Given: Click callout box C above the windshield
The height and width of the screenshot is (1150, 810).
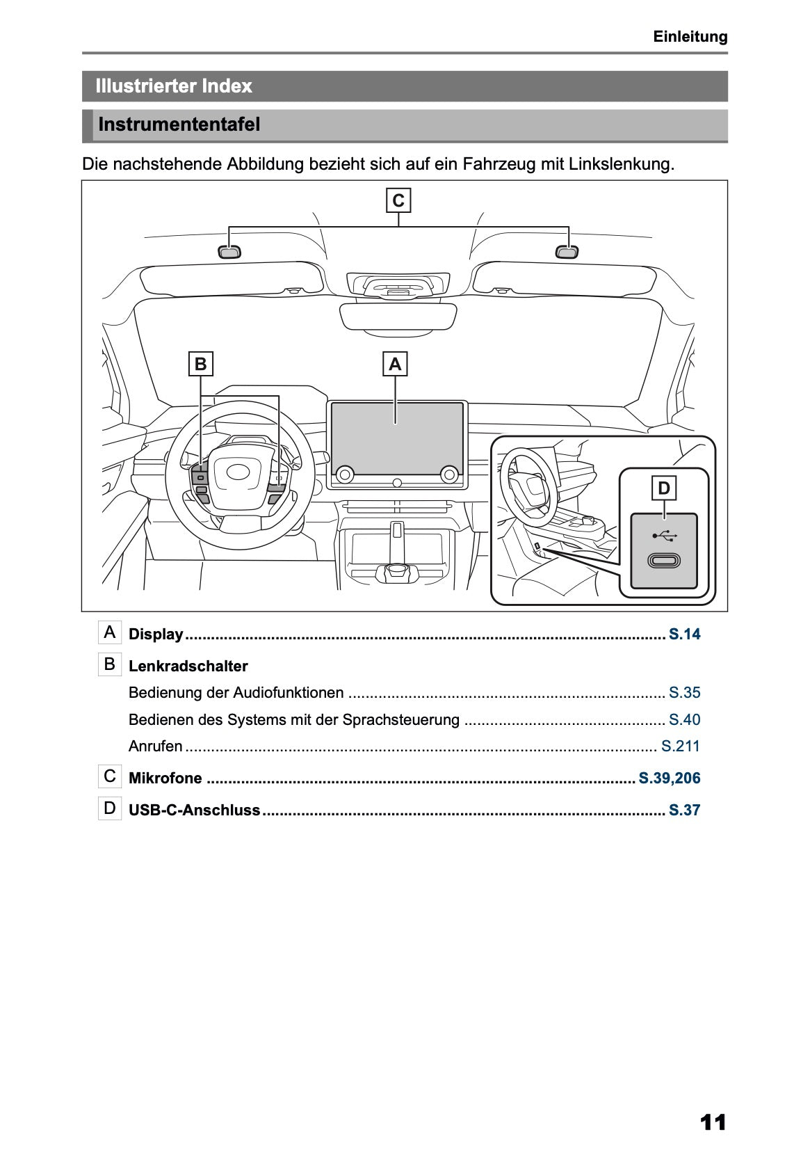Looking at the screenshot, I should pos(398,200).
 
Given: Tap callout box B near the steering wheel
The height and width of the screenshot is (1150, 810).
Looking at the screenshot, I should pos(200,364).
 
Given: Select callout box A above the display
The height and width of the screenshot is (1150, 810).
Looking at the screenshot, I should pos(395,364).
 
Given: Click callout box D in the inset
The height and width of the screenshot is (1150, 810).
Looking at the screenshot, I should pos(663,488).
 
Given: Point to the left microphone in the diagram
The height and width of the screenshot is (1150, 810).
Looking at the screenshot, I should pos(229,252).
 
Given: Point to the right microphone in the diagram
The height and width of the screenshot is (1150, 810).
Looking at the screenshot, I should pos(567,252).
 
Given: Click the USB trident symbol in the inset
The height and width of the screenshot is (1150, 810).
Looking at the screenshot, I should pos(664,536).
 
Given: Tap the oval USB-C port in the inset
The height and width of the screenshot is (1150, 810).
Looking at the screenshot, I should pos(663,560).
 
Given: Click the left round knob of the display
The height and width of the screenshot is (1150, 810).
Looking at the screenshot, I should pos(343,474).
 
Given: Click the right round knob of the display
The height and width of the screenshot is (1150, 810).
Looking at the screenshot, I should pos(449,474).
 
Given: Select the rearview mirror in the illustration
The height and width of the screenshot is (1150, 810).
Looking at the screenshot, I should pos(398,317).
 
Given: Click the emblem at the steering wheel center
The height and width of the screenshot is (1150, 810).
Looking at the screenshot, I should pos(238,472).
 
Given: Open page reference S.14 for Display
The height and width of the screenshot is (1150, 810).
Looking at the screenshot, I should pos(684,634).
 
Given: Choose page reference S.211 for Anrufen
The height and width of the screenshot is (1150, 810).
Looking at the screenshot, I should pos(680,746).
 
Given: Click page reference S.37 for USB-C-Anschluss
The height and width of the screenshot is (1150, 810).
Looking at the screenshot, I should pos(684,810).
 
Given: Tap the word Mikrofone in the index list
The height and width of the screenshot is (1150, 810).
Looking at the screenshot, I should pos(165,778).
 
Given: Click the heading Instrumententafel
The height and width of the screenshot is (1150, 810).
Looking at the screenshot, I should pos(179,125).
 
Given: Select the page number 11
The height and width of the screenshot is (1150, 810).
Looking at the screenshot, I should pos(713,1122).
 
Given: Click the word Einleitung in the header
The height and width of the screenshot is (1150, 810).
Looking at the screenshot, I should pos(690,37).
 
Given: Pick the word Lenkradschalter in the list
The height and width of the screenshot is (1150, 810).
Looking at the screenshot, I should pos(188,666).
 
